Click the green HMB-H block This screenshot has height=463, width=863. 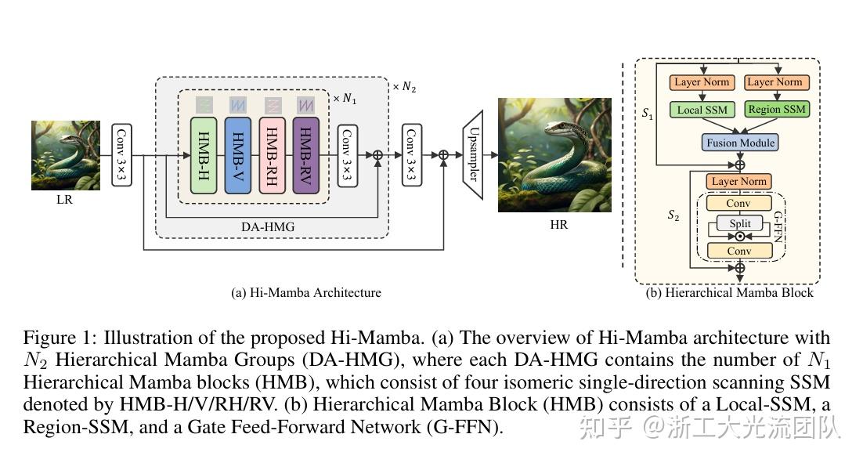(x=204, y=155)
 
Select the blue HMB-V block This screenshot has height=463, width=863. (x=238, y=155)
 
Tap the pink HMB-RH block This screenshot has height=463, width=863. (x=272, y=155)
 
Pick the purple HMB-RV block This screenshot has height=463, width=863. (x=305, y=155)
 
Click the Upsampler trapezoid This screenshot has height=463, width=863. (x=471, y=154)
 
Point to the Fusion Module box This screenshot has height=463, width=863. (x=740, y=143)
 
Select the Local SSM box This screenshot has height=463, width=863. (x=702, y=110)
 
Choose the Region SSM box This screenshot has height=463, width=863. (x=776, y=110)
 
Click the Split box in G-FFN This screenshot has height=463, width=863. (x=739, y=223)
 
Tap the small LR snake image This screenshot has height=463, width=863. (x=65, y=155)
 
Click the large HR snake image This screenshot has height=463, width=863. (x=554, y=155)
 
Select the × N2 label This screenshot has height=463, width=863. (x=404, y=86)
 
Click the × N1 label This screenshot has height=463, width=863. (x=345, y=99)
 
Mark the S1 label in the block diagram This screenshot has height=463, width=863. (x=647, y=114)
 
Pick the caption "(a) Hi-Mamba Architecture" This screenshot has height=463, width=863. (x=306, y=293)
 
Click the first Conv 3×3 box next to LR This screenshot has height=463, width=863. (x=121, y=155)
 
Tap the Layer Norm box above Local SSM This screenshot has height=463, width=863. (x=702, y=82)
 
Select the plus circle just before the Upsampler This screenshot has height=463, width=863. (x=443, y=155)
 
